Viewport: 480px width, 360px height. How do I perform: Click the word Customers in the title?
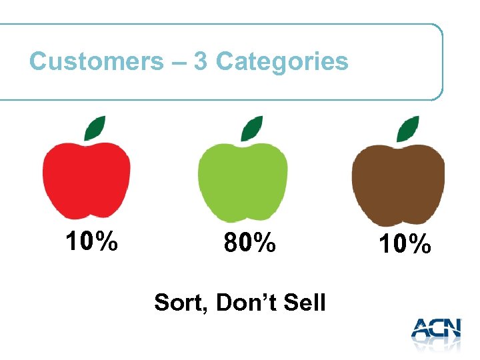click(x=96, y=62)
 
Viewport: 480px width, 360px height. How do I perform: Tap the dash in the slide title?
click(x=178, y=63)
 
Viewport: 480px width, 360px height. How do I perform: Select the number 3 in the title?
click(x=200, y=62)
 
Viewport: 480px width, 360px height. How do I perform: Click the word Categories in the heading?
click(x=282, y=62)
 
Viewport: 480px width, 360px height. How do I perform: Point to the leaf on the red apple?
click(x=95, y=127)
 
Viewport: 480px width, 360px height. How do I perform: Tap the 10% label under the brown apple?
click(x=405, y=245)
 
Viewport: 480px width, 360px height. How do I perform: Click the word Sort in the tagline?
click(x=176, y=303)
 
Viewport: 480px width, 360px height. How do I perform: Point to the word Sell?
click(x=303, y=303)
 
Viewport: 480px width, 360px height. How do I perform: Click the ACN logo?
click(x=436, y=332)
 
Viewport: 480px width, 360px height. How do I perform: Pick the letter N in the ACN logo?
click(x=451, y=329)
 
